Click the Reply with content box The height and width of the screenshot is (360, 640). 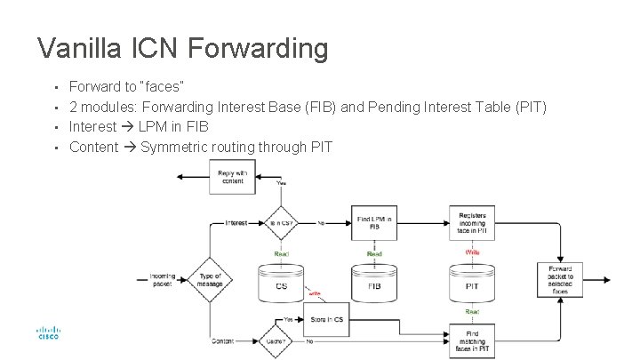coord(232,176)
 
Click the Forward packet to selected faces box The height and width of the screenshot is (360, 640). coord(560,277)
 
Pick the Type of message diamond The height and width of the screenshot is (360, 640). coord(210,278)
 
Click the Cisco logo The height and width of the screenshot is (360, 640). coord(47,334)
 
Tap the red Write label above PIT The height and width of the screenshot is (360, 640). coord(472,252)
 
